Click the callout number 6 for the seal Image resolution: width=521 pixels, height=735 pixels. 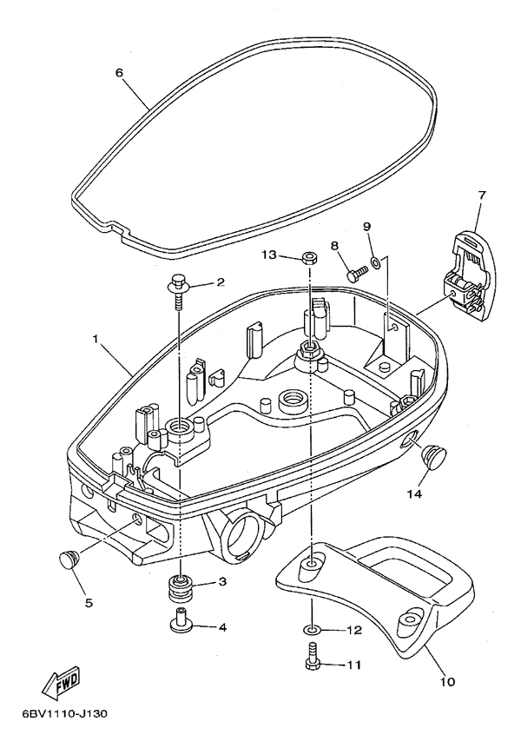tap(120, 72)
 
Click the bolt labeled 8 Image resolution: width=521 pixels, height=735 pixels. tap(356, 275)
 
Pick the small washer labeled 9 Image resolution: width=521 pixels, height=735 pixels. tap(374, 262)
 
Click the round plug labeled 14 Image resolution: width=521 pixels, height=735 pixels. tap(432, 454)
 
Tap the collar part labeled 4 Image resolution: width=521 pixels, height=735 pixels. tap(183, 623)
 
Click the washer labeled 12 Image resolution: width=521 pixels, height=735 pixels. tap(311, 628)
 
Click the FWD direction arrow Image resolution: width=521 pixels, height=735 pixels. tap(62, 683)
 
